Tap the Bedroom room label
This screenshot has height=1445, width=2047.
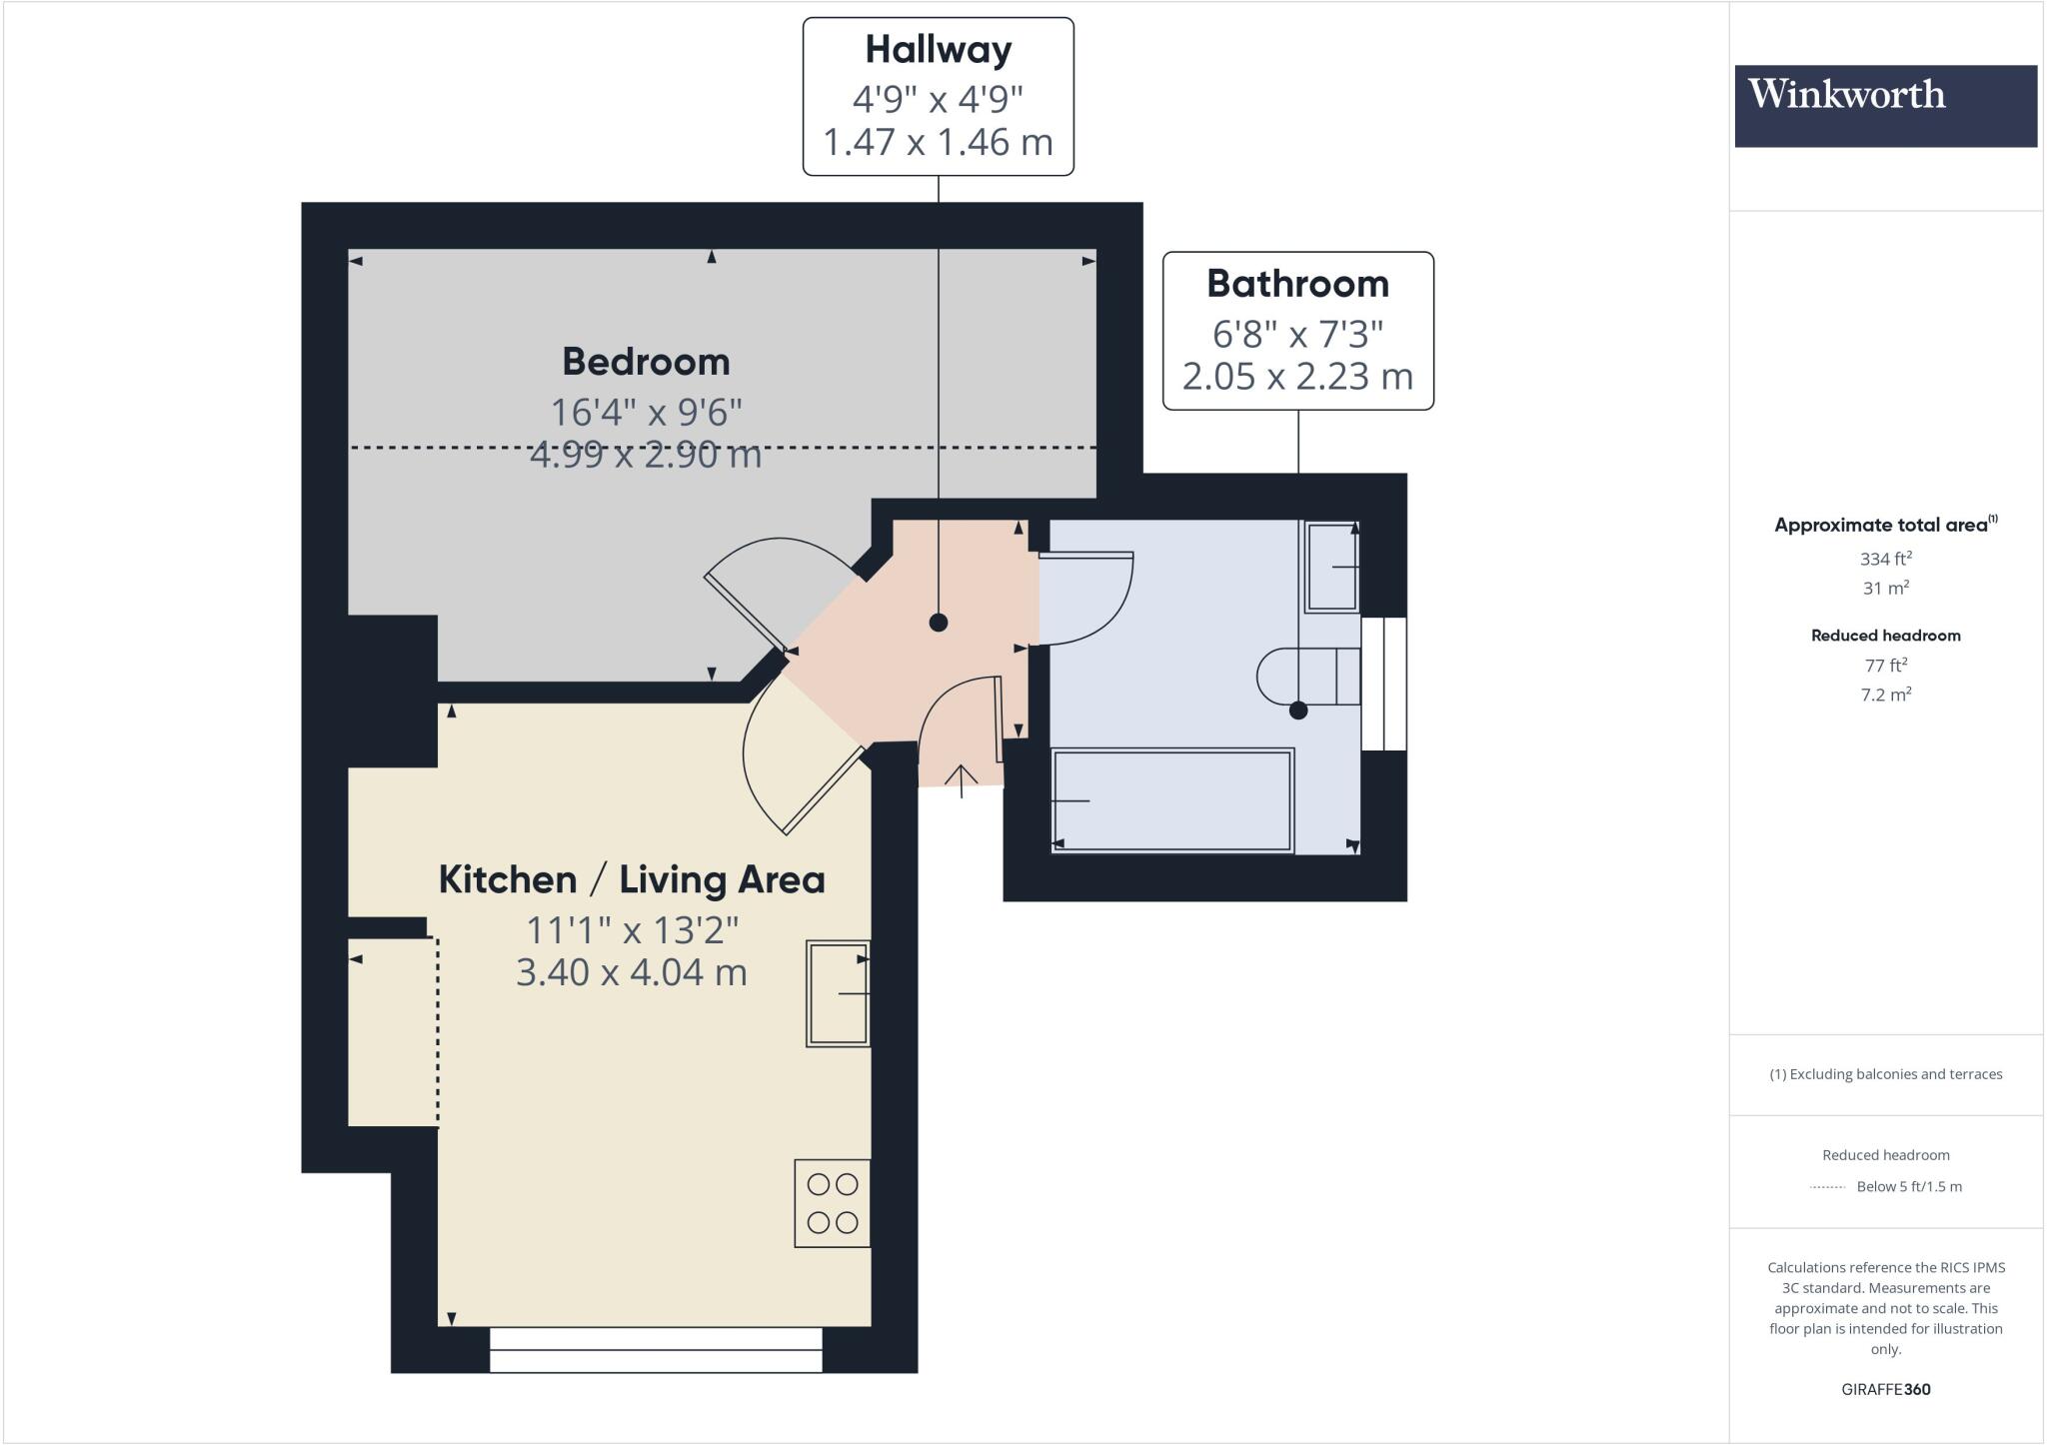(646, 362)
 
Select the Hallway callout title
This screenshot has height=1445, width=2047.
(938, 49)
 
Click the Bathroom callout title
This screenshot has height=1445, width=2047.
(1297, 284)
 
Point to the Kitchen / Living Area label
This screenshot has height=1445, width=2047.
(632, 879)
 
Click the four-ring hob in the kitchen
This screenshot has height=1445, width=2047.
(832, 1203)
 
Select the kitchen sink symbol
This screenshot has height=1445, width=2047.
(838, 993)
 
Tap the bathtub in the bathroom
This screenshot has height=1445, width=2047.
(1171, 800)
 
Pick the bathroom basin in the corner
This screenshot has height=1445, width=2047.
(1332, 567)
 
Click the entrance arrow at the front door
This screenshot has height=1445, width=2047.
(962, 779)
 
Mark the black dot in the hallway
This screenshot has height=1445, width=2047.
(938, 623)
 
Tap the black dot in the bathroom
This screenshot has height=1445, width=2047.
(1298, 711)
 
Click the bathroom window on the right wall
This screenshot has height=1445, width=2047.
(1384, 684)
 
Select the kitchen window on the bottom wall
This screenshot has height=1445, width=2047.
(656, 1349)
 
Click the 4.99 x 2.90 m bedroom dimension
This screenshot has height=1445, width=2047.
(646, 456)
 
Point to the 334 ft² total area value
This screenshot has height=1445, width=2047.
(1885, 559)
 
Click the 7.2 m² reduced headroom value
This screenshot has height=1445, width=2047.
(1885, 695)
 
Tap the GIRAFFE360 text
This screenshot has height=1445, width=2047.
(1885, 1389)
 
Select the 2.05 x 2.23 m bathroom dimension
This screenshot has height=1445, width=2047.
(1297, 377)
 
